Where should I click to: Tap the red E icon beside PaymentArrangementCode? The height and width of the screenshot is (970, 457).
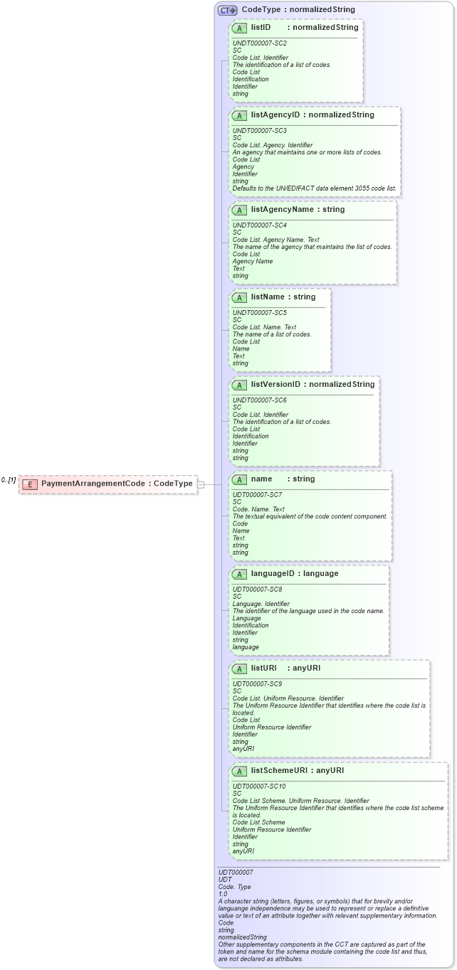(30, 484)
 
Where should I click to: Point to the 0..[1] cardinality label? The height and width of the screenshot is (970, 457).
(9, 481)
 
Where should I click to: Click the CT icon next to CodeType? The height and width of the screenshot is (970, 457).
(228, 10)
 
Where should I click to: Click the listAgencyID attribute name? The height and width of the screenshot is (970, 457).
(275, 114)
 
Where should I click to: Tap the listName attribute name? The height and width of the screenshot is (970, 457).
(270, 297)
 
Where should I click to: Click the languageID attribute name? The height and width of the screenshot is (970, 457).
(273, 574)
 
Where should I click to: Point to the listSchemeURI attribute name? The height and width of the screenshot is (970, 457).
(279, 770)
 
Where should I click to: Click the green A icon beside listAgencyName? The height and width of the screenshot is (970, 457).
(240, 210)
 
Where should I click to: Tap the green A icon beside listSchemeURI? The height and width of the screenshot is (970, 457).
(240, 771)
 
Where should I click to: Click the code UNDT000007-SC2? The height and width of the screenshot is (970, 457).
(260, 43)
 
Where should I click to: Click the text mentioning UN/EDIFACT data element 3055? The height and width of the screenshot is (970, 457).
(315, 188)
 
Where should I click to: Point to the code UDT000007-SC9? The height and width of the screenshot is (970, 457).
(257, 684)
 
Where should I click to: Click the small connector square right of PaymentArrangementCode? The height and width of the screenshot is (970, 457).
(201, 484)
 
